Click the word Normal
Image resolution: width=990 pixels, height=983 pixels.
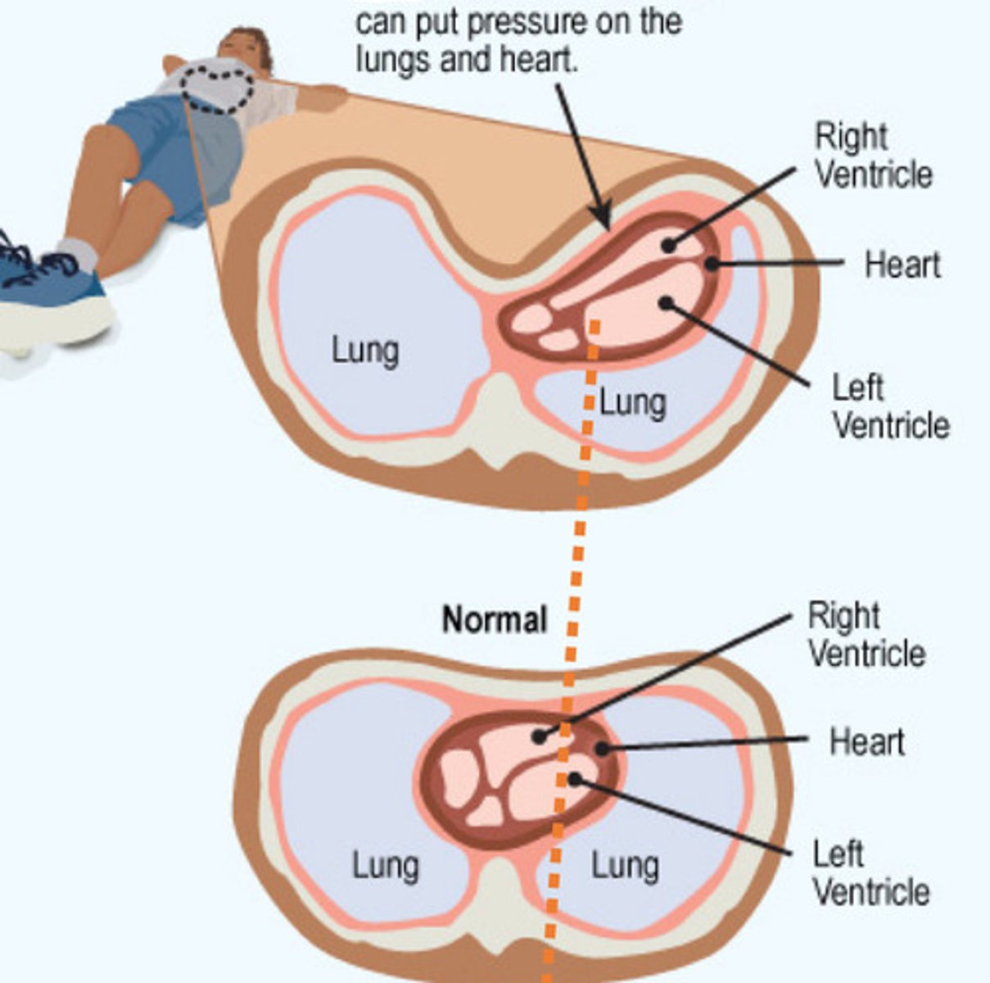(495, 619)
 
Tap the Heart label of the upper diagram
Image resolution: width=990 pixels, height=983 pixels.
(902, 265)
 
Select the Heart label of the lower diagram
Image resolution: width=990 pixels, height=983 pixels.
(867, 741)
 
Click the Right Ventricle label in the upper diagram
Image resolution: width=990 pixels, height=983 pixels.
(873, 156)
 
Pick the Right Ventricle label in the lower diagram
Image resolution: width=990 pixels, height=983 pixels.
(866, 635)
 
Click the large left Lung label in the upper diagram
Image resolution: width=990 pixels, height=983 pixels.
(365, 351)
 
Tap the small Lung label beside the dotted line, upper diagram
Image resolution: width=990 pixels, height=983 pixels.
(633, 403)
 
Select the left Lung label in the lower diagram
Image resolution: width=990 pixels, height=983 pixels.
(386, 866)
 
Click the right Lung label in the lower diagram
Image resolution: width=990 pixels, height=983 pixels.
(625, 866)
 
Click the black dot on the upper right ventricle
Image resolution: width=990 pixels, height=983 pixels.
(668, 244)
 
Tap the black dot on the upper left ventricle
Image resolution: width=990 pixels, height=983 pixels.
(666, 303)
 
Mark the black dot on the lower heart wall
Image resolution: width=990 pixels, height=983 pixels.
(601, 747)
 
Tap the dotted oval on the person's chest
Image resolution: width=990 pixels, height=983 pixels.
(218, 88)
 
